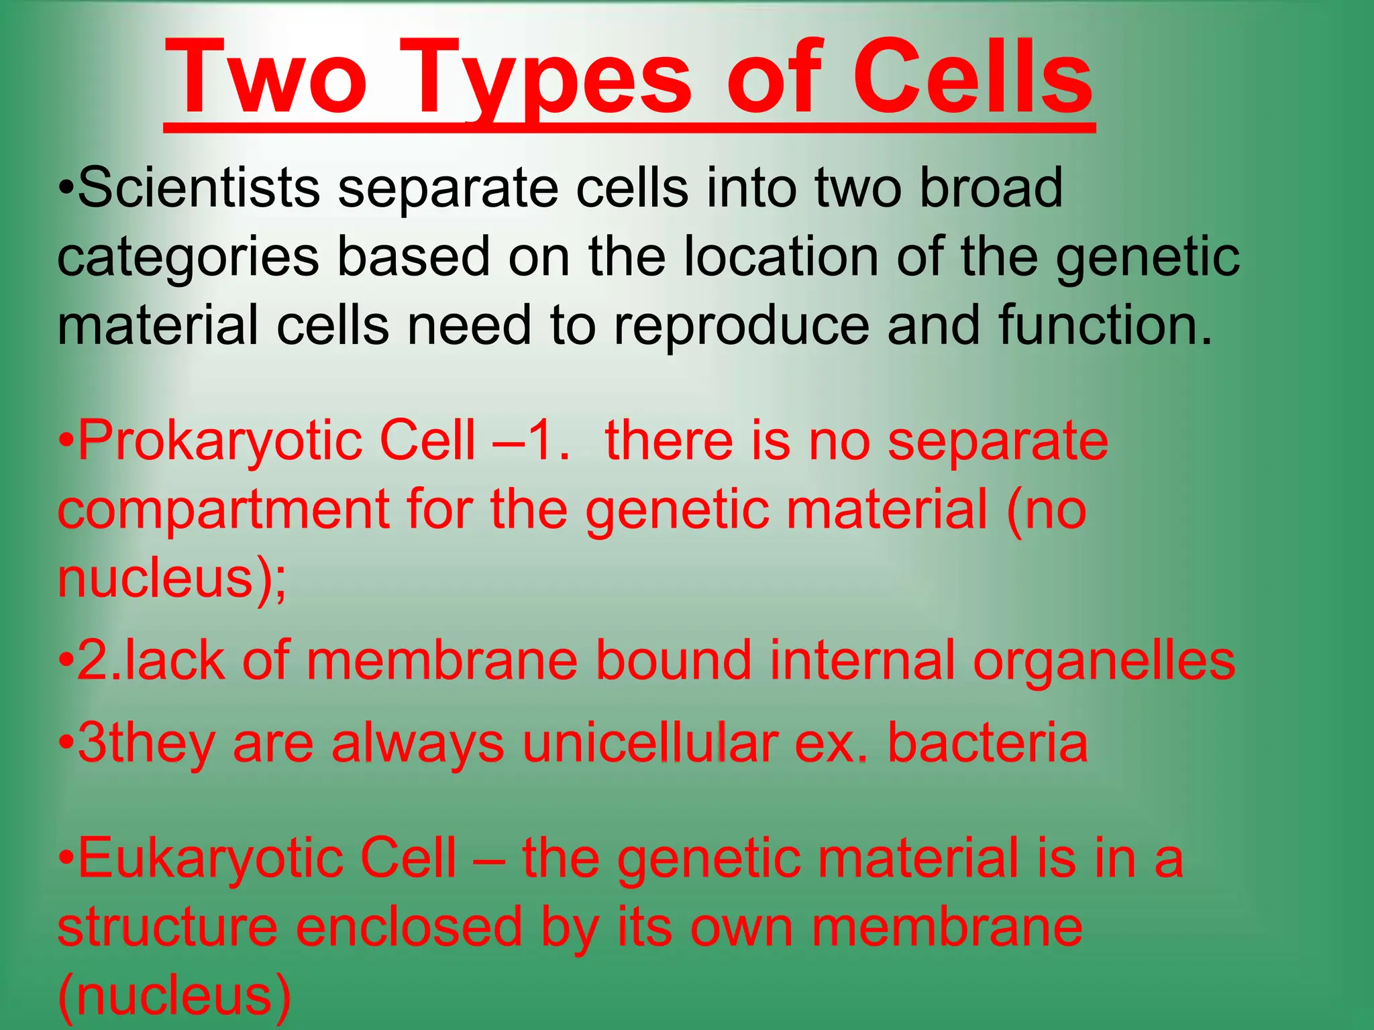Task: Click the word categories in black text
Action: coord(189,258)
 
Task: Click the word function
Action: coord(1104,325)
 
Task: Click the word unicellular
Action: coord(650,744)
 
